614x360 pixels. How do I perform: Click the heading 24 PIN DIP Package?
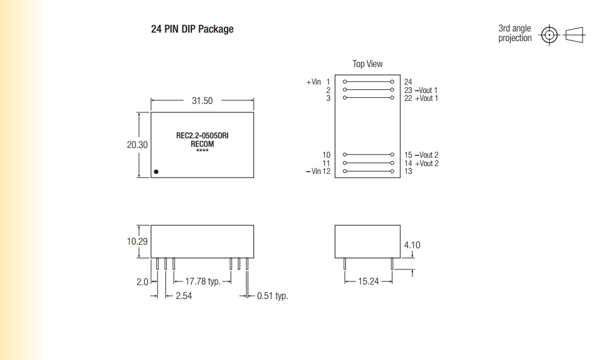(192, 30)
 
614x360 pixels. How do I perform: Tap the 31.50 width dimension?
(202, 101)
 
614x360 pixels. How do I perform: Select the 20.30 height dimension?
(137, 145)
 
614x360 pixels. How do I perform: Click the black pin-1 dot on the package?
(156, 172)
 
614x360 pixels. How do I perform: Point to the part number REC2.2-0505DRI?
(202, 135)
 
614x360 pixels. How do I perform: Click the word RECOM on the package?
(202, 144)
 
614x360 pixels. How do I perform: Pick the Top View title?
(367, 64)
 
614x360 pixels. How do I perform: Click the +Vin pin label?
(313, 82)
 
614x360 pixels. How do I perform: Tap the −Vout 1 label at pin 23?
(426, 90)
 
